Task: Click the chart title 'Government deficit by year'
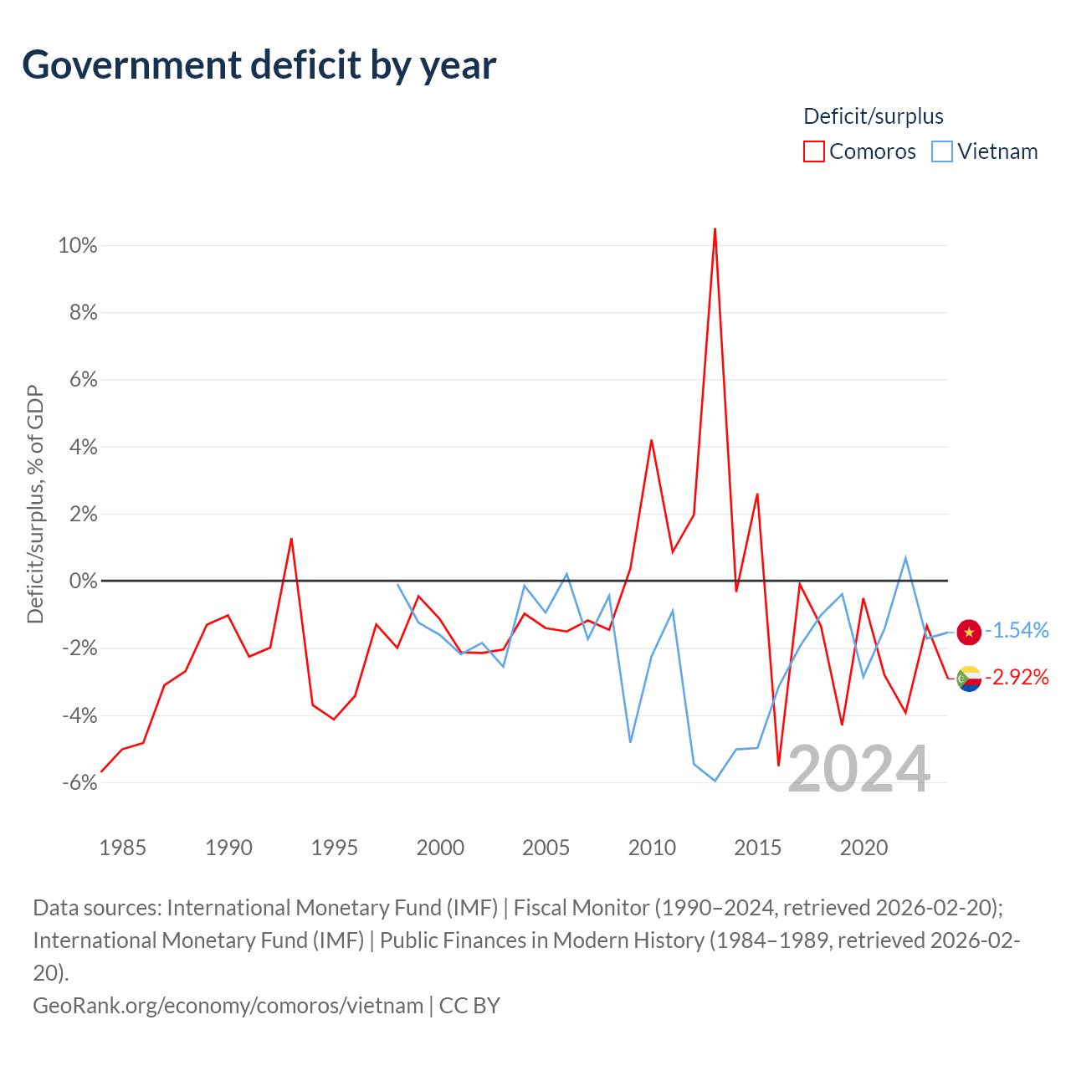pos(259,65)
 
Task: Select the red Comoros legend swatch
pos(813,151)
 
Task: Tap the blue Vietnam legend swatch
pos(942,151)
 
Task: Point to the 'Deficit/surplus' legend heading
pos(874,116)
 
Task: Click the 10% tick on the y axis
pos(78,245)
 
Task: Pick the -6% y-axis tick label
pos(80,782)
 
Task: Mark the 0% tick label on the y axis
pos(84,581)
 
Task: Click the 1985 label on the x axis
pos(122,848)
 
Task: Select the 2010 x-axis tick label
pos(652,848)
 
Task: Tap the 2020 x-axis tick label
pos(863,848)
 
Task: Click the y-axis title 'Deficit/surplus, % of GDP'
pos(36,504)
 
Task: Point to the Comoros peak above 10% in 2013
pos(715,228)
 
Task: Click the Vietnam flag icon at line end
pos(969,632)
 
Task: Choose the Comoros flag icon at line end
pos(969,679)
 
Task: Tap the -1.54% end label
pos(1017,630)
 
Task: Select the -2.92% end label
pos(1017,677)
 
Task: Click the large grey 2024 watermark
pos(859,769)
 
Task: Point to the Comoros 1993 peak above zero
pos(291,539)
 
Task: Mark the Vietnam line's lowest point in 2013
pos(715,781)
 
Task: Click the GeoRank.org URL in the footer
pos(228,1006)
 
